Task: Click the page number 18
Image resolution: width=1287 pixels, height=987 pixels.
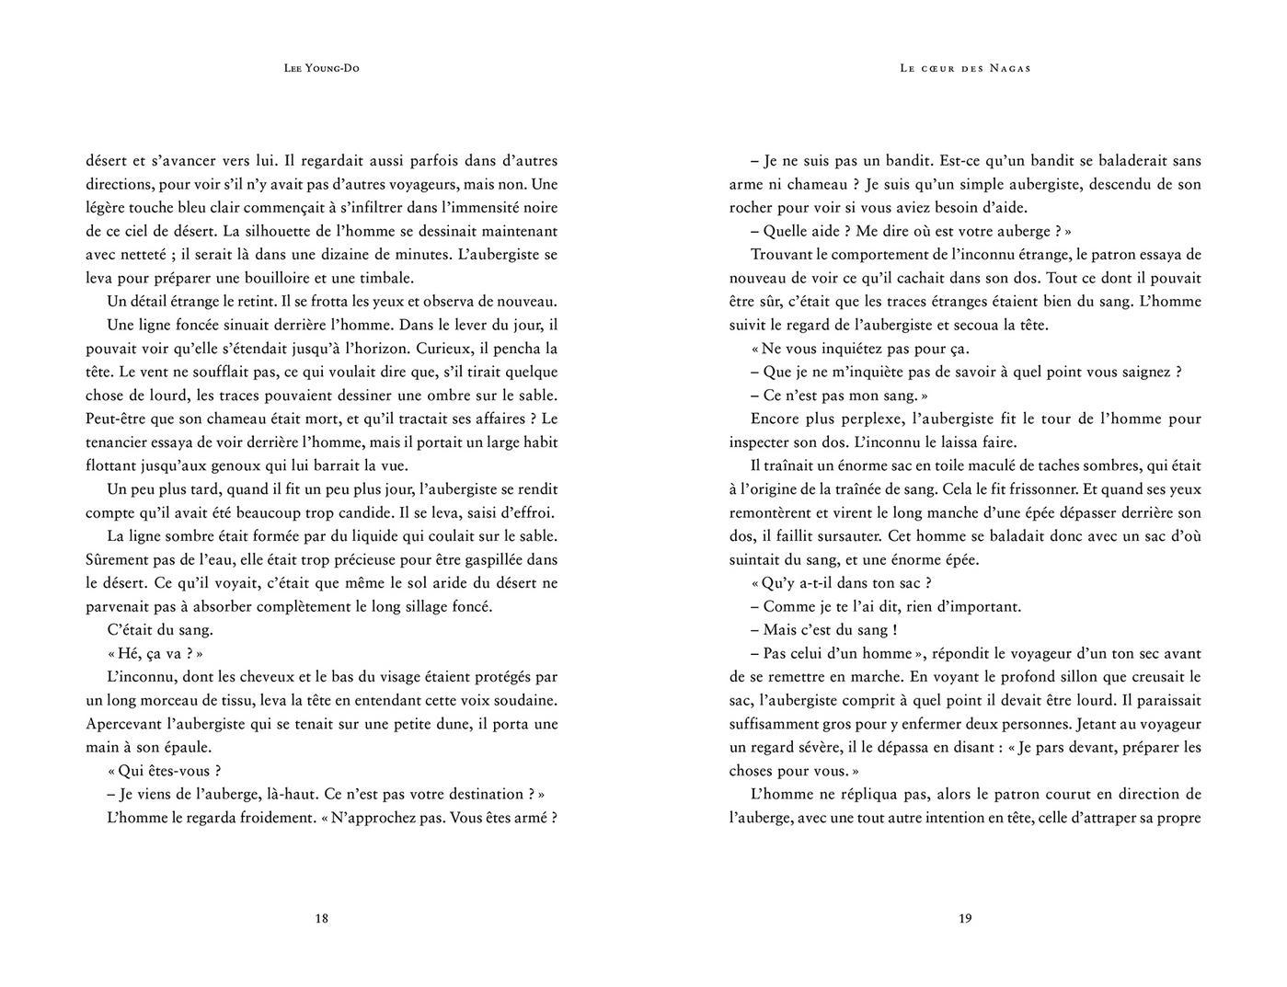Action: click(321, 918)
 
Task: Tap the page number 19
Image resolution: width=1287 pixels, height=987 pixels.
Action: click(965, 918)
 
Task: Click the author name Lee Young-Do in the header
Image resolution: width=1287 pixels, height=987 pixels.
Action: click(321, 68)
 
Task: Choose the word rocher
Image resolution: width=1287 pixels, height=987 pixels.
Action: click(753, 208)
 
